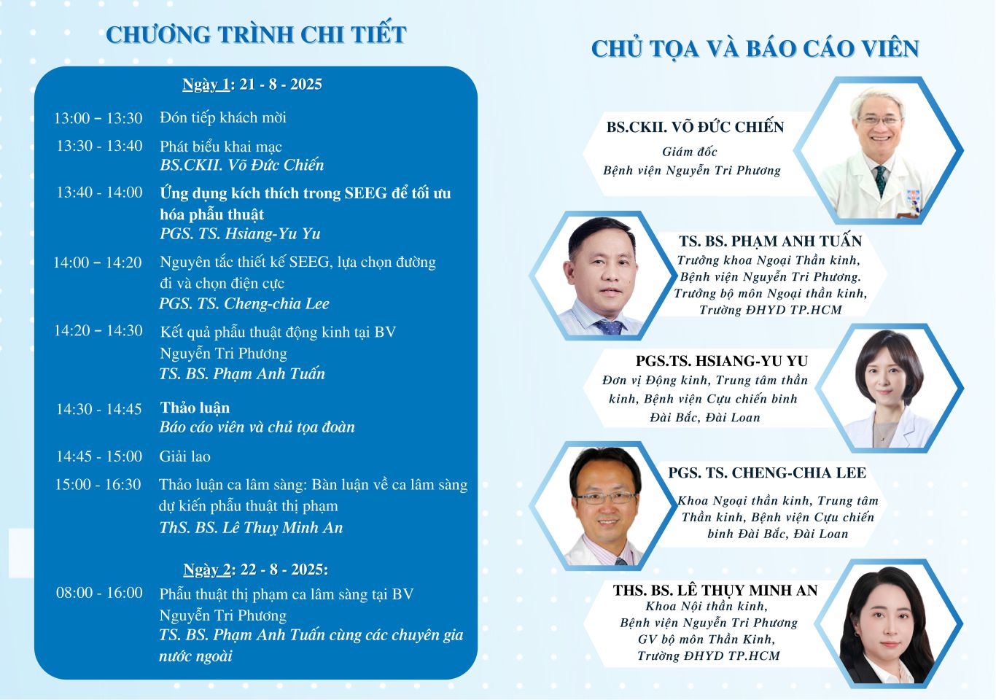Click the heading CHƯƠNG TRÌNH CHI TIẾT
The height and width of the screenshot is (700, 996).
(x=256, y=34)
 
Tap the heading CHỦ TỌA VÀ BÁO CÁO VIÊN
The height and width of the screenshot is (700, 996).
(x=755, y=49)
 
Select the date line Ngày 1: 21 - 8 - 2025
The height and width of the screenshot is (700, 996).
(x=252, y=84)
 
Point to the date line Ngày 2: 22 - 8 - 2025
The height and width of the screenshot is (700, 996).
(x=256, y=569)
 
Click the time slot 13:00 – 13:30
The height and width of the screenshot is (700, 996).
(x=98, y=118)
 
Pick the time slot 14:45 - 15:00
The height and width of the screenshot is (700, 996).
(x=98, y=456)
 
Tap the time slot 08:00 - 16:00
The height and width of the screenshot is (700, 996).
(x=99, y=593)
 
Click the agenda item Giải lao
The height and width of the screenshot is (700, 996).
(x=185, y=456)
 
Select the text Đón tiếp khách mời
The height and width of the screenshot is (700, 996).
(x=223, y=118)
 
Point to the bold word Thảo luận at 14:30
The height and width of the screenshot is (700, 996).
(x=195, y=408)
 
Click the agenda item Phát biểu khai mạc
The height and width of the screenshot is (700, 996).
(x=220, y=147)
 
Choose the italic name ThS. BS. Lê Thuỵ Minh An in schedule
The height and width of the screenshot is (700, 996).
(x=252, y=527)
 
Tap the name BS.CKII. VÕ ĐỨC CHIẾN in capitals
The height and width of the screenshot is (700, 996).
(x=696, y=127)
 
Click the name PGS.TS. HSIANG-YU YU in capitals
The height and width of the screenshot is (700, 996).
(x=722, y=361)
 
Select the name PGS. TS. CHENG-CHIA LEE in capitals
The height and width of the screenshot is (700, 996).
(x=767, y=472)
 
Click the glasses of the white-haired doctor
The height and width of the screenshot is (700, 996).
(x=879, y=120)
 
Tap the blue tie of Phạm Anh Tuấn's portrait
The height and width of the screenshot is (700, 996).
(x=610, y=327)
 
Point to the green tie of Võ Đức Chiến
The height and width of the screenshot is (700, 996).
(x=880, y=181)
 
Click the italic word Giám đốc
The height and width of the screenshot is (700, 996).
(x=690, y=152)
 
